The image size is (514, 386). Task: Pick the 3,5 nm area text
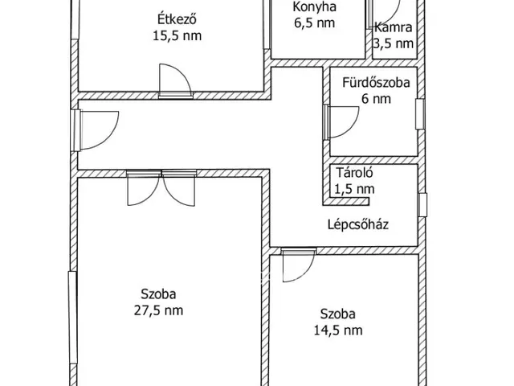394,43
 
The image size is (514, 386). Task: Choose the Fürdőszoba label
376,83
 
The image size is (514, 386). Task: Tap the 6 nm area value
376,99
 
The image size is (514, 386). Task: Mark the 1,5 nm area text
354,189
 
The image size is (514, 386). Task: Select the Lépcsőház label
358,225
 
